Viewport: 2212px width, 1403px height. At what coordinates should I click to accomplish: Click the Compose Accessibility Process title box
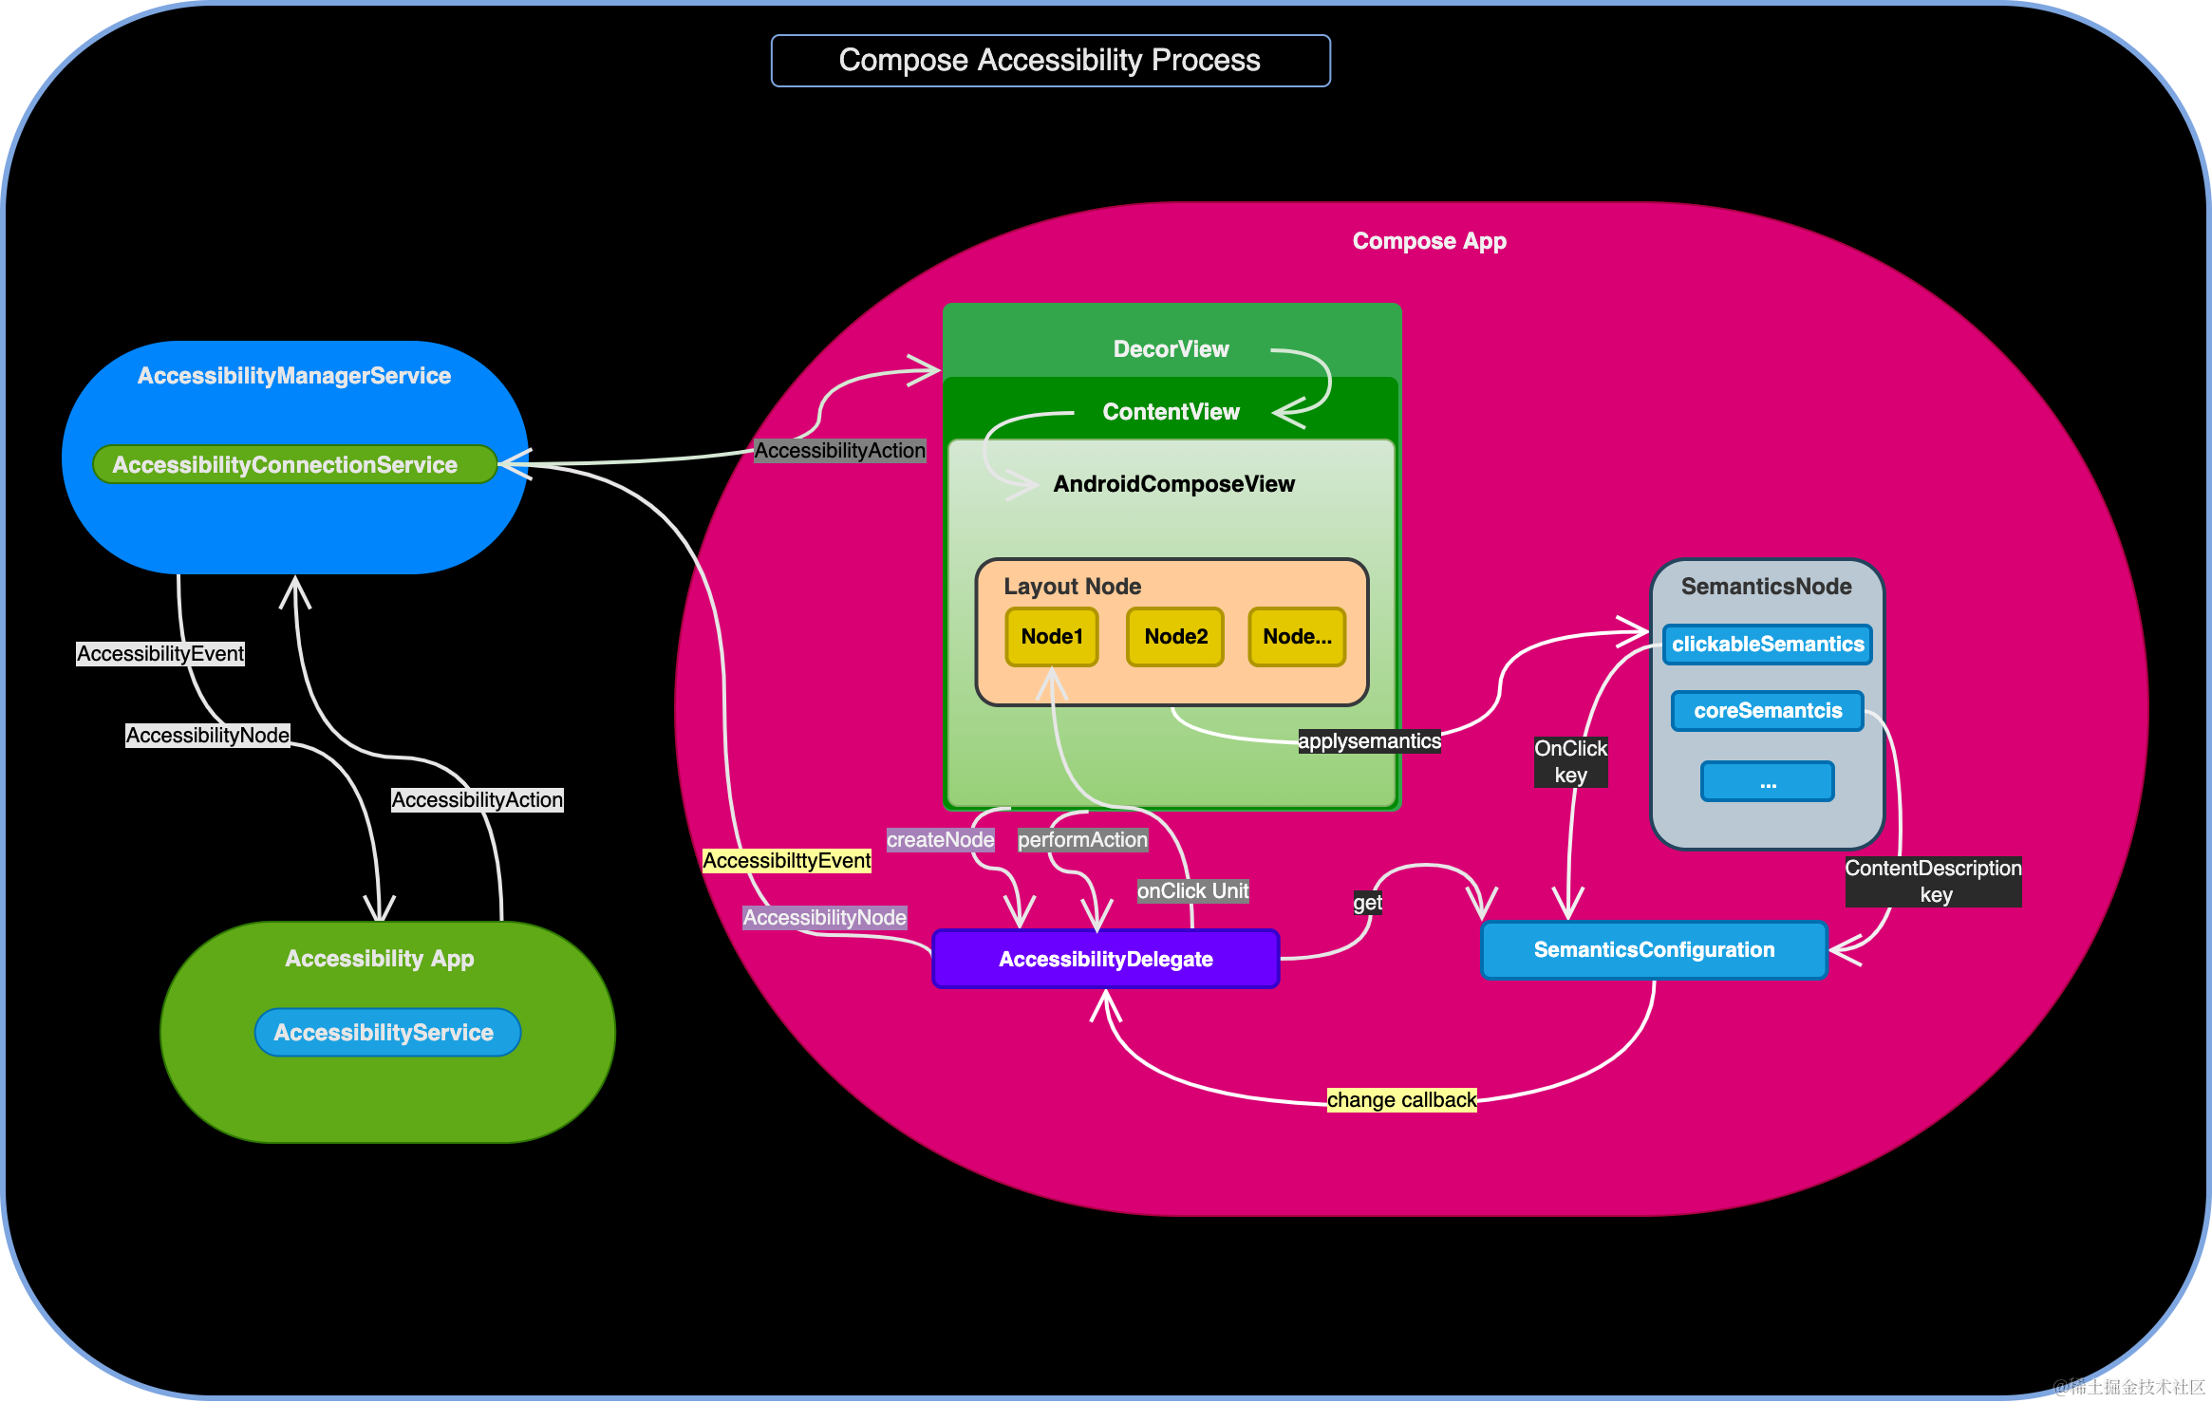(1050, 61)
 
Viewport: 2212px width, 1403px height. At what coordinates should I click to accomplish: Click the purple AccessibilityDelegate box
(1106, 959)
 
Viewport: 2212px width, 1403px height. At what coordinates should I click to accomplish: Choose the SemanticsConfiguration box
(1654, 949)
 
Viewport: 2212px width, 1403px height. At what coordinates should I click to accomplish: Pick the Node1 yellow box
(1052, 636)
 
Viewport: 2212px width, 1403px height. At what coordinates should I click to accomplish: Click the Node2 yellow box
(1175, 636)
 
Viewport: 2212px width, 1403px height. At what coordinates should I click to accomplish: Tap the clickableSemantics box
(1767, 645)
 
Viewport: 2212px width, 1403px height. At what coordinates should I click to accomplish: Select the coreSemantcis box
(1767, 711)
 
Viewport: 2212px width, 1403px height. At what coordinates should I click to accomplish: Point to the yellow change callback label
(1401, 1100)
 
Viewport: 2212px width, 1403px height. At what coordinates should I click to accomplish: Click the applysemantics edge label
(1369, 741)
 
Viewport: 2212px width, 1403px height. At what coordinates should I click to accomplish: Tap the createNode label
(940, 840)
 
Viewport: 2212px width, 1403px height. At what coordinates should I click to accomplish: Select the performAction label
(1082, 840)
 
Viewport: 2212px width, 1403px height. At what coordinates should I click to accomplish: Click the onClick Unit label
(1192, 891)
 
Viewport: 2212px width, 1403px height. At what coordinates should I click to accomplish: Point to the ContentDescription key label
(1933, 881)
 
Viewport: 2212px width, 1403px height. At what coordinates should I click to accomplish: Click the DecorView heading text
(1171, 349)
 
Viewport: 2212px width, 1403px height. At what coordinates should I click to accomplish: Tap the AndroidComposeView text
(1173, 484)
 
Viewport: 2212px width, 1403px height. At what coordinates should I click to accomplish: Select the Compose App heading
(1429, 241)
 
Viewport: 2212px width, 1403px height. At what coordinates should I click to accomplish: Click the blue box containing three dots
(1767, 781)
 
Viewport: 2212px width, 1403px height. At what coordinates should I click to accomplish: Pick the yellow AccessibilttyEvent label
(786, 861)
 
